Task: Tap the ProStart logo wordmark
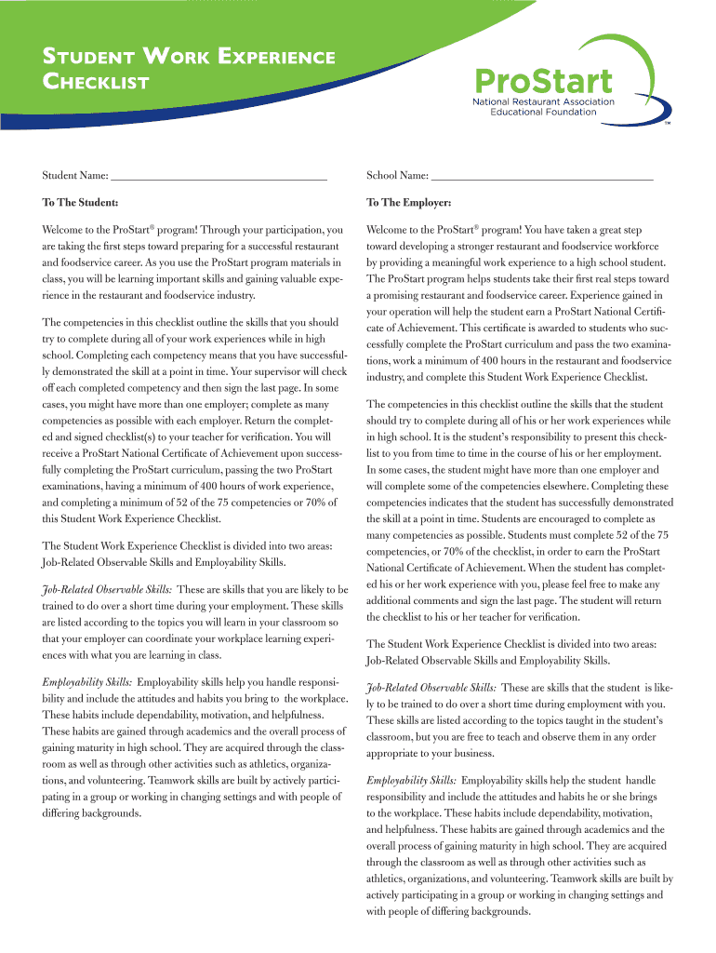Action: (x=543, y=79)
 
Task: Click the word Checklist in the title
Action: (x=96, y=84)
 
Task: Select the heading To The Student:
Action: (x=79, y=202)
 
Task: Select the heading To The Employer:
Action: (x=409, y=202)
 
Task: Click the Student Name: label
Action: (x=74, y=175)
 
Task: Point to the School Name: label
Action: (x=397, y=175)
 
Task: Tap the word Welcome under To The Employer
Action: (x=390, y=229)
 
